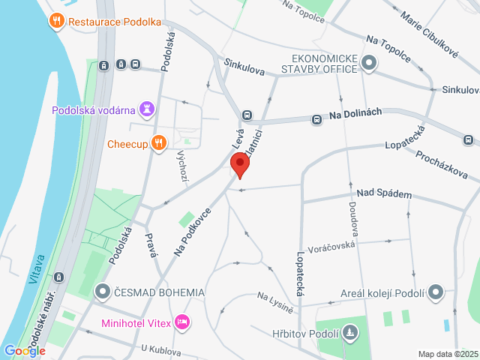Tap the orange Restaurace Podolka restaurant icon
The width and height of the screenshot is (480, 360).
(57, 21)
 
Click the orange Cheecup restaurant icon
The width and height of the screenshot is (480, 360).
(158, 142)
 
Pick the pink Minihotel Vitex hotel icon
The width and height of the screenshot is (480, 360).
(181, 323)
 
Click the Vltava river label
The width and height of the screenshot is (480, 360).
(37, 268)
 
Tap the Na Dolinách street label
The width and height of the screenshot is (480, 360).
(355, 112)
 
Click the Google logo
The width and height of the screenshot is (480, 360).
(25, 350)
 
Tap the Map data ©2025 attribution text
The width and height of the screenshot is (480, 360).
(447, 354)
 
